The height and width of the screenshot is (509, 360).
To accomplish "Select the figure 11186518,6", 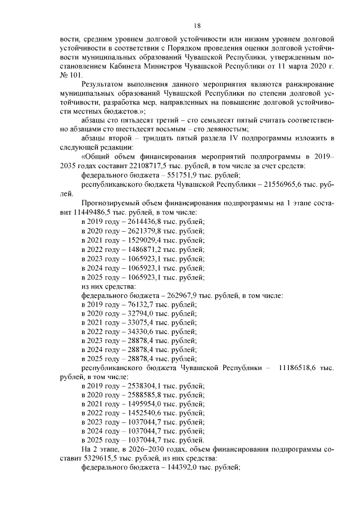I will [x=298, y=368].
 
